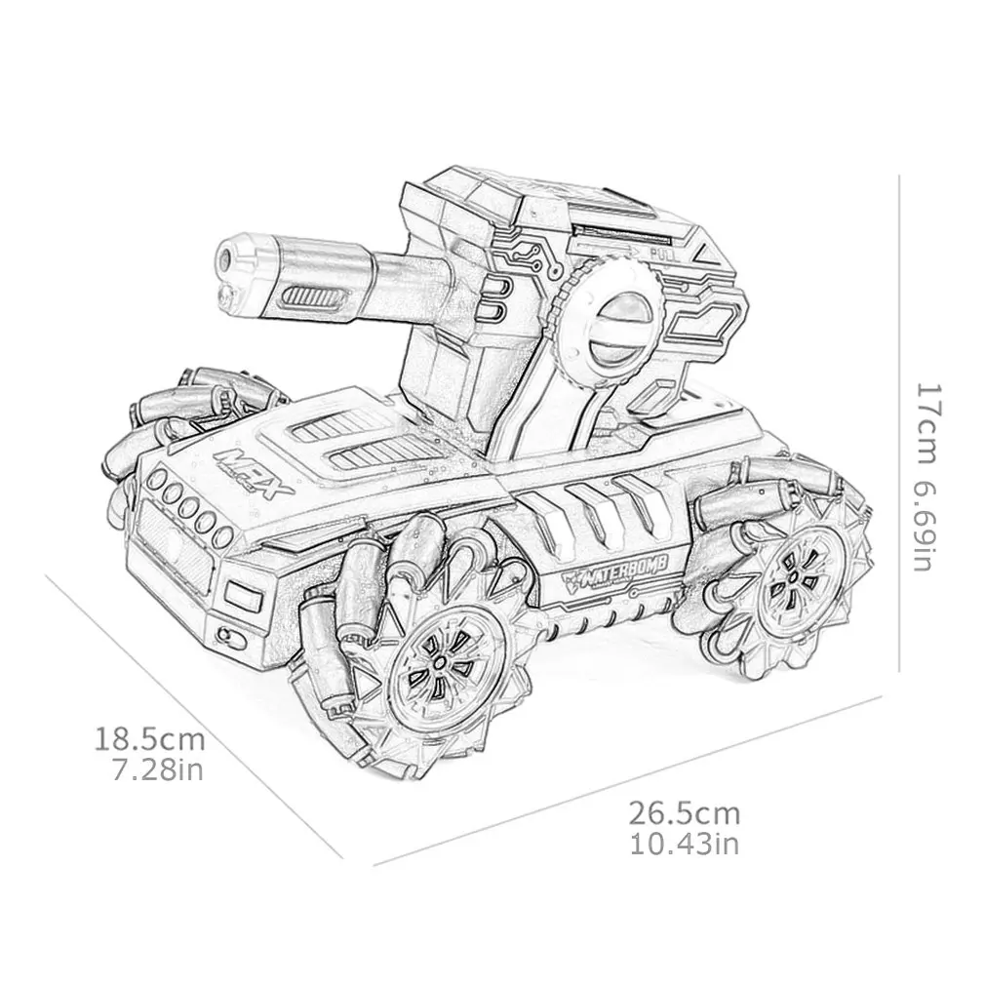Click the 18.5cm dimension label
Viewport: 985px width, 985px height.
point(150,735)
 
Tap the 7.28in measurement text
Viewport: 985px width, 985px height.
point(157,771)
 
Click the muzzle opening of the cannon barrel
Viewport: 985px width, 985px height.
point(227,256)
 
